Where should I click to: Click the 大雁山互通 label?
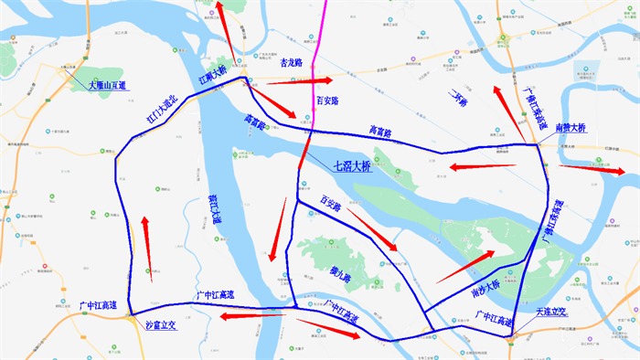point(107,85)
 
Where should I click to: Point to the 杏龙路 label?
point(287,64)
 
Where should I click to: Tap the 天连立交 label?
point(552,312)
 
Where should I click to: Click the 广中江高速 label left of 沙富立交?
point(98,304)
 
